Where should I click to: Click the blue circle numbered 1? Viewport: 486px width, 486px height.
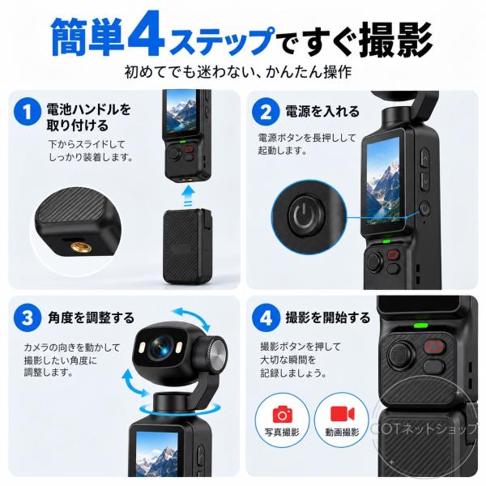pos(28,112)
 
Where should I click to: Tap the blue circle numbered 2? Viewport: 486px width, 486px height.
pos(266,112)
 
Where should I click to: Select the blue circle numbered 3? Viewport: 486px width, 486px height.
pos(28,318)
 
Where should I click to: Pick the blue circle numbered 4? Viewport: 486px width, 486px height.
pos(266,318)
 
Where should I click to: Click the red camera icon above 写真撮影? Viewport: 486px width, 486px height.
pos(283,414)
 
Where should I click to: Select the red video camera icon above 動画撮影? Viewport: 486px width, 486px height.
pos(342,414)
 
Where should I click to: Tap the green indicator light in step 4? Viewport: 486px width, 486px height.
pos(421,326)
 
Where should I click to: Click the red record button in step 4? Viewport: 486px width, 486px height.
pos(434,347)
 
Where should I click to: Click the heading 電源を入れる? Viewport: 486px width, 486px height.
pos(322,111)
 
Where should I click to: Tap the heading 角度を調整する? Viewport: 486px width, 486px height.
pos(91,318)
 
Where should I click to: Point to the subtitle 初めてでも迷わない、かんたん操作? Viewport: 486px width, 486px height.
pos(238,72)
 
